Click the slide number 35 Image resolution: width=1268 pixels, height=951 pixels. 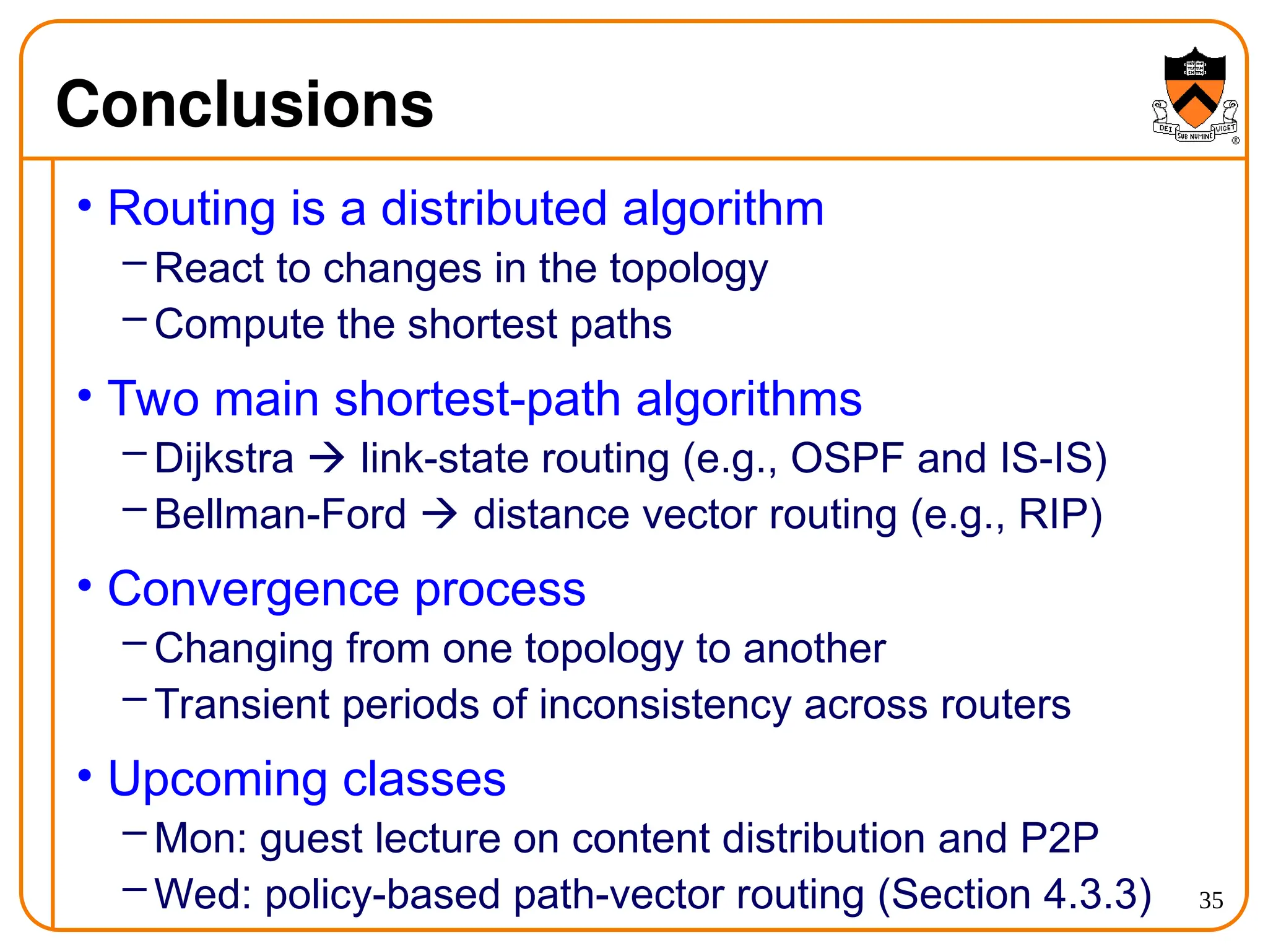click(1211, 900)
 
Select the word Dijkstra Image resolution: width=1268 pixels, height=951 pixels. click(224, 459)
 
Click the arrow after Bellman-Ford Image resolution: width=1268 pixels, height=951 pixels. click(439, 515)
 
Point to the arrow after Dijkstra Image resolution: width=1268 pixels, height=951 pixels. click(326, 459)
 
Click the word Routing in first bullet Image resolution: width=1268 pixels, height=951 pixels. click(191, 209)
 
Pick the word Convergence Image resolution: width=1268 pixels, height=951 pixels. click(253, 589)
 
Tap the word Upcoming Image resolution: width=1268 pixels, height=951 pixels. click(217, 779)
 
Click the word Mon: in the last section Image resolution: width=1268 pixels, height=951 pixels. click(201, 838)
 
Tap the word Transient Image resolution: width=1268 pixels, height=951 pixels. click(241, 705)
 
